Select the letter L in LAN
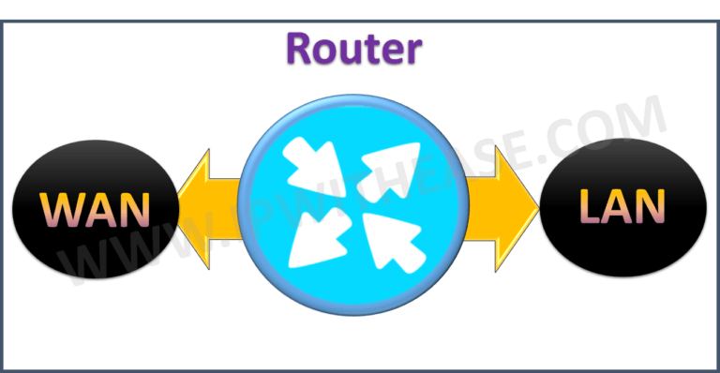[588, 205]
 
